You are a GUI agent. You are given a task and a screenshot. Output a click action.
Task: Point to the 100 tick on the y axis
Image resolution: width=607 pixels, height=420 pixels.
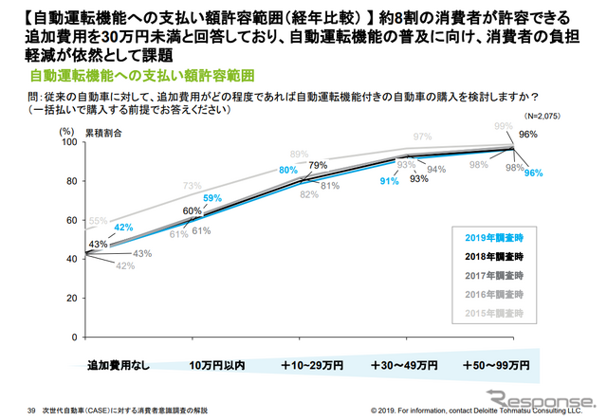pos(65,142)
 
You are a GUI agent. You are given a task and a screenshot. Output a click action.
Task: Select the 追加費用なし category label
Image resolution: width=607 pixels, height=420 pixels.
pos(117,364)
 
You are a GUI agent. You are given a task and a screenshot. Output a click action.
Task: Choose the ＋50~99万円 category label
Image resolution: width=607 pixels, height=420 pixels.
pos(495,364)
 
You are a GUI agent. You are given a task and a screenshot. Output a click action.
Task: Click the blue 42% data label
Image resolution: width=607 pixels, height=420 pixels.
pos(121,228)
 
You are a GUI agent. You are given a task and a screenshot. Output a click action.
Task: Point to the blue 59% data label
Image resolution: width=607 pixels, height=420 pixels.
pos(212,199)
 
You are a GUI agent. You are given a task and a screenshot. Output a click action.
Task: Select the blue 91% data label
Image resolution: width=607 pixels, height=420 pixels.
pos(389,180)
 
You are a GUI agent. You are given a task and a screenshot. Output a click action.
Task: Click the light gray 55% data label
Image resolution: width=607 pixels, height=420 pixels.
pos(98,221)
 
